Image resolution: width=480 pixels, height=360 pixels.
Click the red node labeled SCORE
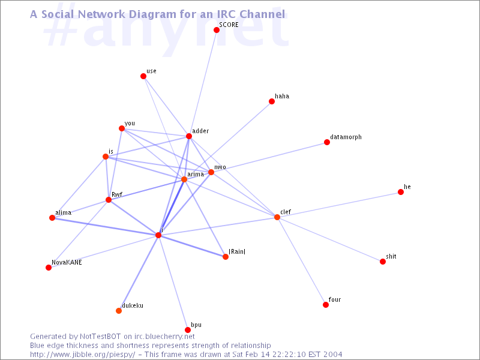[217, 30]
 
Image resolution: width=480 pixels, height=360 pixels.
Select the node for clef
[277, 217]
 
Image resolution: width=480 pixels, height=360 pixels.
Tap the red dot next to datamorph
[327, 142]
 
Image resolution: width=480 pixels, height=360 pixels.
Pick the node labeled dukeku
[119, 311]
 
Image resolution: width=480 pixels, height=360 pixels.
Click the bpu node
[188, 329]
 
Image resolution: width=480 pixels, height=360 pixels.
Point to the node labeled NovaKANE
[49, 268]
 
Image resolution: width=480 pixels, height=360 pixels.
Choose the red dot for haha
[272, 101]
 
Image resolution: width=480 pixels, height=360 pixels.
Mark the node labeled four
[326, 305]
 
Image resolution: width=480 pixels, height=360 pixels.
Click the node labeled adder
[189, 136]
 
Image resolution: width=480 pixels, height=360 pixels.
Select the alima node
[52, 218]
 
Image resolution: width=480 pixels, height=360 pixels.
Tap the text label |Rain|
[237, 251]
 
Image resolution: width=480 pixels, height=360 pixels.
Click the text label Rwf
[117, 194]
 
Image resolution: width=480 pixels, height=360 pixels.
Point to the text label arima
[196, 174]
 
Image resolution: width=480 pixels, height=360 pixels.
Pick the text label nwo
[220, 167]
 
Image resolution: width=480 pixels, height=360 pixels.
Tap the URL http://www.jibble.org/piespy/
[82, 355]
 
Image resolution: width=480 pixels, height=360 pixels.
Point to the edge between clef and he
[339, 205]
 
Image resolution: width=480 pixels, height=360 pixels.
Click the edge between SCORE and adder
[203, 83]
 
